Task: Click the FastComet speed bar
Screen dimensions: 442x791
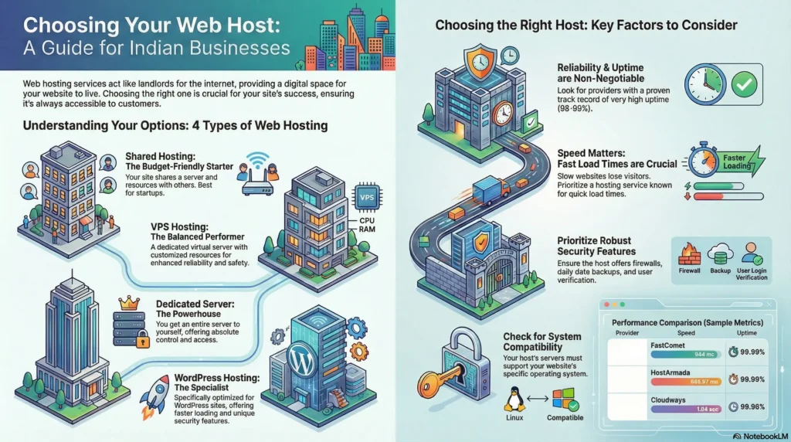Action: [686, 355]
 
